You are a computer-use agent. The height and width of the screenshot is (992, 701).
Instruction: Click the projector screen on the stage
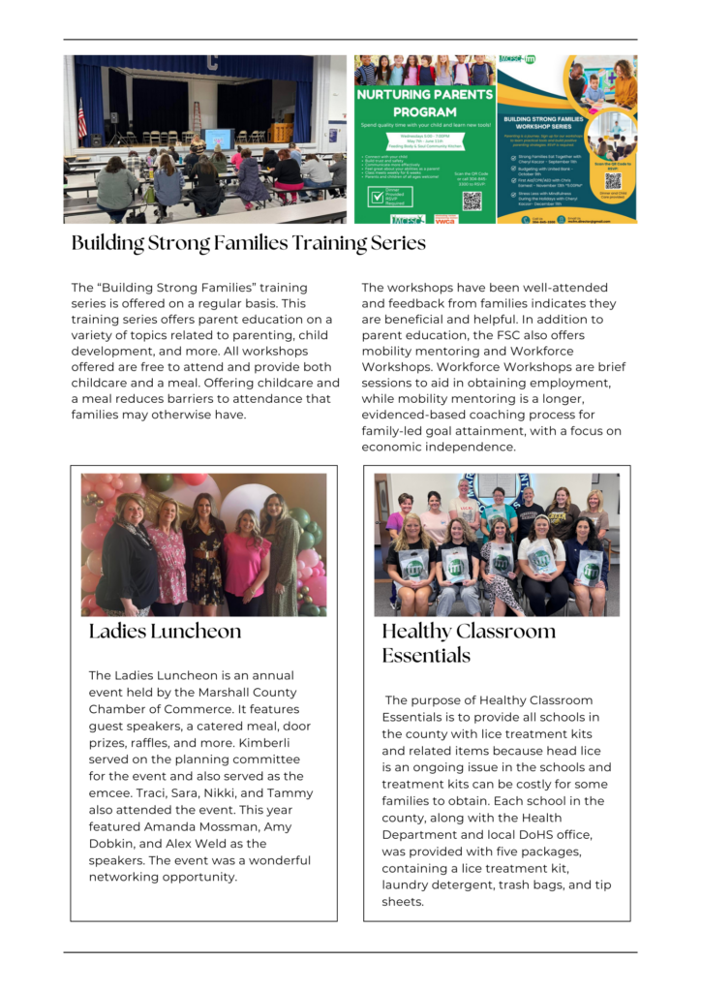point(219,139)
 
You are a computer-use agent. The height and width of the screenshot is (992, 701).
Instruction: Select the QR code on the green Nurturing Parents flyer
point(472,201)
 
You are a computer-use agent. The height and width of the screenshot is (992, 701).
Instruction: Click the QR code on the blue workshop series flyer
point(613,180)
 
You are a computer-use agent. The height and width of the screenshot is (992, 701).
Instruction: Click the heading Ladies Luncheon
point(165,632)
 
